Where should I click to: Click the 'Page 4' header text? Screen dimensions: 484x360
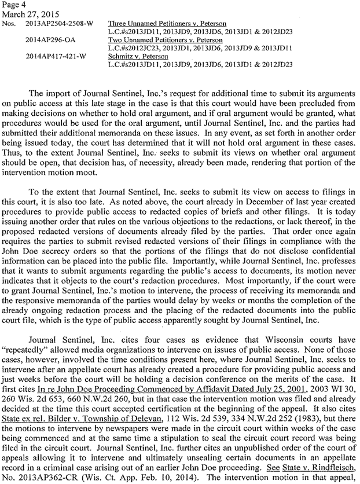pos(13,5)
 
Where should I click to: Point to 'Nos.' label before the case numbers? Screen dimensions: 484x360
pos(10,24)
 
